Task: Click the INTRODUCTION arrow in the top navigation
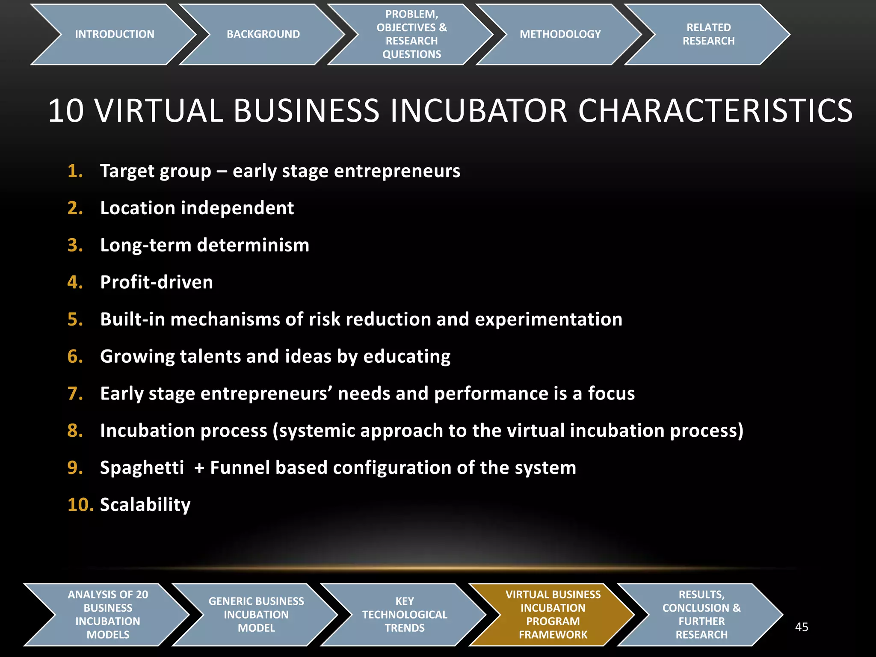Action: (114, 34)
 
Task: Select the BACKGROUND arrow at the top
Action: (263, 34)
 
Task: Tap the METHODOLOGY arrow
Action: (560, 34)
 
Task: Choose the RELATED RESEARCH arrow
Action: (708, 34)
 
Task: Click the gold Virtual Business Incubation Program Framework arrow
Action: (553, 615)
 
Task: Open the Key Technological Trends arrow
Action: (405, 615)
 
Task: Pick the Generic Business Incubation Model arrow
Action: (256, 615)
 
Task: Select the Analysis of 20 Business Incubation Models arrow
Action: (108, 615)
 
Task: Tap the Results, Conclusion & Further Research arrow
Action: (701, 615)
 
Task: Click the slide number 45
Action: (802, 627)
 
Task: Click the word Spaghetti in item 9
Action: (142, 468)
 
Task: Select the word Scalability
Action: (145, 505)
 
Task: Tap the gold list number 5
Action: (75, 320)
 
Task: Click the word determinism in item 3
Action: (253, 245)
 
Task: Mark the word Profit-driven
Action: (157, 282)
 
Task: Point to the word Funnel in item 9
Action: (240, 468)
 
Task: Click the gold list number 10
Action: (80, 505)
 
